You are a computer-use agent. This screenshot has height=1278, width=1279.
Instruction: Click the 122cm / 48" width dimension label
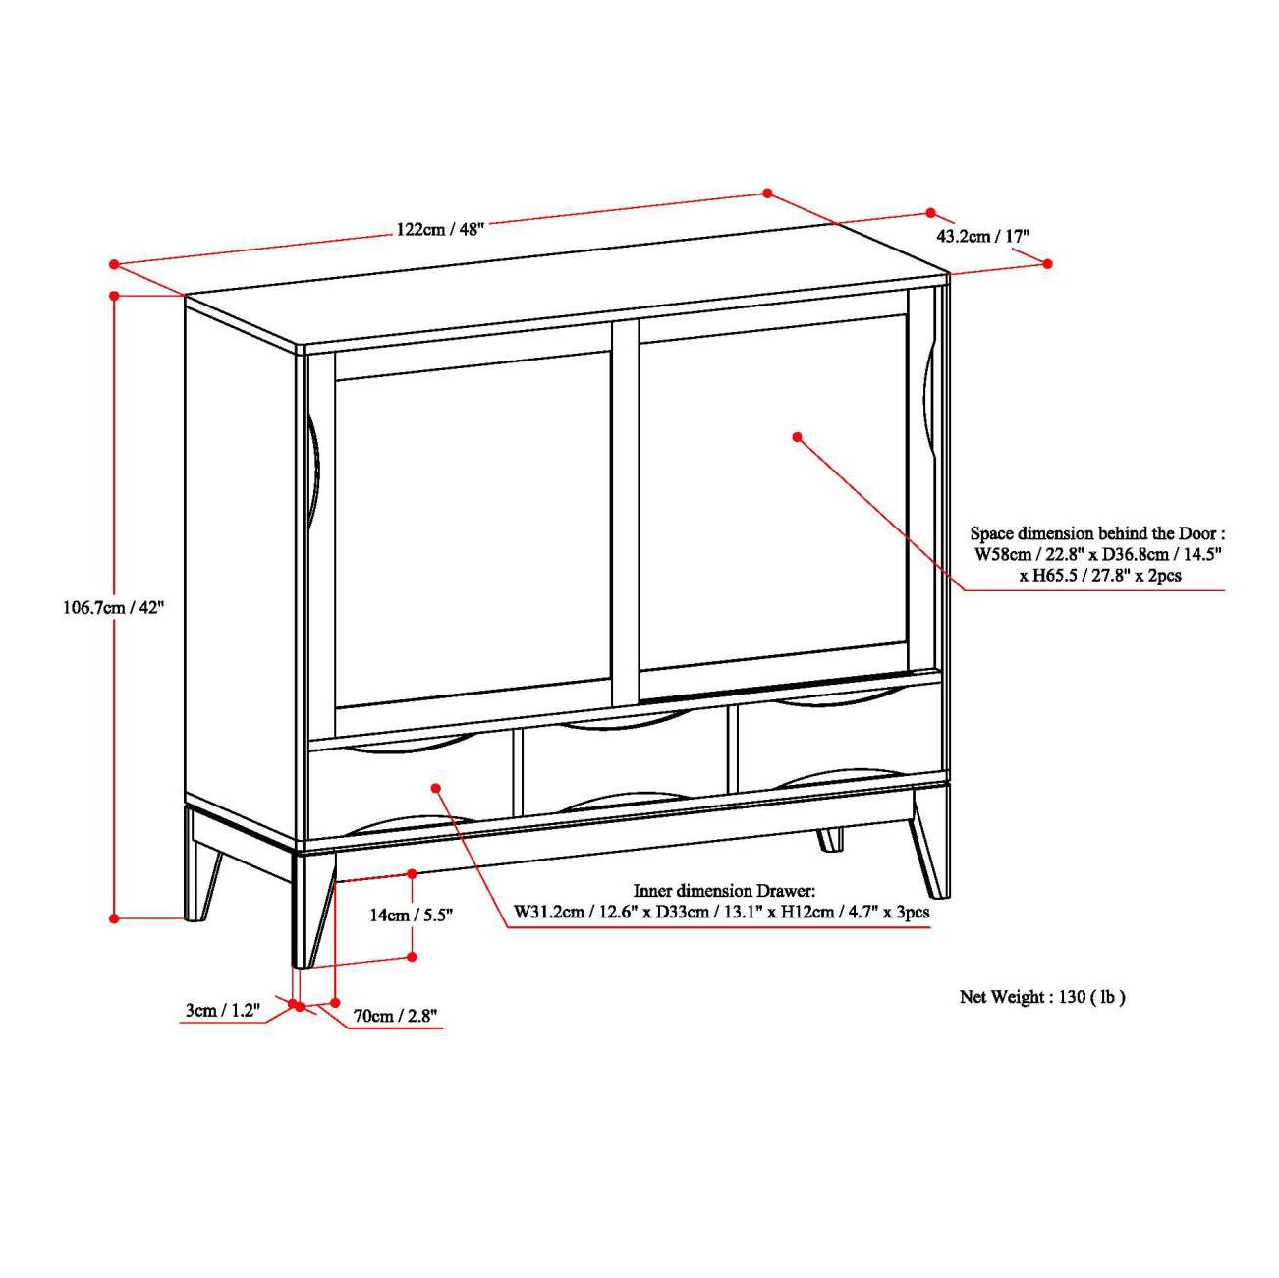click(x=440, y=229)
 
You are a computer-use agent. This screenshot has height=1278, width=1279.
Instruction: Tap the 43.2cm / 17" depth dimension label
click(x=981, y=236)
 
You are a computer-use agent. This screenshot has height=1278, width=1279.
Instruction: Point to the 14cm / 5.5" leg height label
click(x=411, y=916)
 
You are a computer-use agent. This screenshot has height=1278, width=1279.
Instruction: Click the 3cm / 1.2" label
click(x=222, y=1010)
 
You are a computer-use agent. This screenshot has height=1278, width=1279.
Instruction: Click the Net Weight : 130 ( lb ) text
click(x=1042, y=997)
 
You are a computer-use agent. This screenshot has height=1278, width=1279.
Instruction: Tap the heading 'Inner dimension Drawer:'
click(x=724, y=891)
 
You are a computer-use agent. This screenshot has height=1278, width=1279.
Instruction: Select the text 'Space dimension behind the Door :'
click(x=1097, y=533)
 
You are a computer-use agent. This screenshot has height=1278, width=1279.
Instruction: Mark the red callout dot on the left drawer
click(x=436, y=787)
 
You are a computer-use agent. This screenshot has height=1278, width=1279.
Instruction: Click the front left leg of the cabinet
click(x=312, y=909)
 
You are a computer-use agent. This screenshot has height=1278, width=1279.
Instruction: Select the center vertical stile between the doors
click(x=626, y=511)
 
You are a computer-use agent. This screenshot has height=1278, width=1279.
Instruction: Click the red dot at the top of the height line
click(x=115, y=295)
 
